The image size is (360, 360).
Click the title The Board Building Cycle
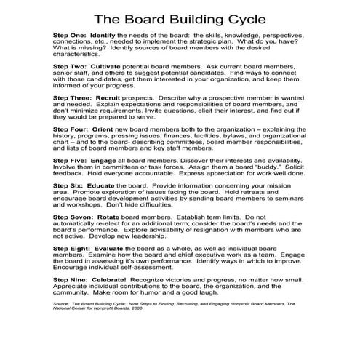(x=179, y=15)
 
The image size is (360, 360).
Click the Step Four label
(x=71, y=127)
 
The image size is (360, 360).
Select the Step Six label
(x=69, y=185)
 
